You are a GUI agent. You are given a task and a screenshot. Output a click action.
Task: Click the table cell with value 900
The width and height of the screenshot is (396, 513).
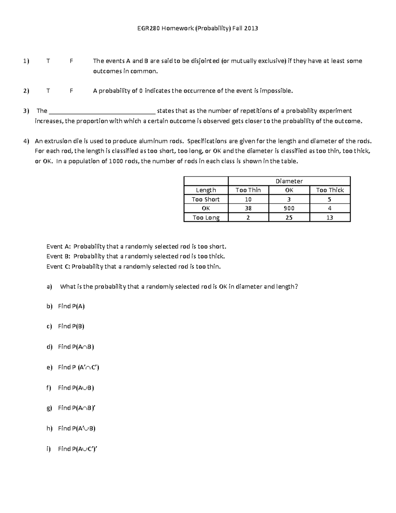[x=289, y=208]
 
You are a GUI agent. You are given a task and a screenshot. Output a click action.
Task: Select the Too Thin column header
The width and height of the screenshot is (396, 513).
[x=248, y=190]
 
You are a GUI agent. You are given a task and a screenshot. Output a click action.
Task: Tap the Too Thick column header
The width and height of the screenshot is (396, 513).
[x=330, y=190]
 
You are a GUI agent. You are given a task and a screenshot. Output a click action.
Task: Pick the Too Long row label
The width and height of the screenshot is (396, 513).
[x=206, y=217]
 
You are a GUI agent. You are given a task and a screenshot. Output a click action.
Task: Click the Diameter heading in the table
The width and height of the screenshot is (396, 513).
[x=289, y=181]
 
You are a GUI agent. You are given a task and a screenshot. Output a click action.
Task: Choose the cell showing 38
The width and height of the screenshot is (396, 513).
[x=248, y=208]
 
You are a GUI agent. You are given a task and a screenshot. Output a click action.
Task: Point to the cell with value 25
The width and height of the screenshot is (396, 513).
[x=289, y=217]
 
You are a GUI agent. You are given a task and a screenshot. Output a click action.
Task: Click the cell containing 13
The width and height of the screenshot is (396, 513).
[x=330, y=217]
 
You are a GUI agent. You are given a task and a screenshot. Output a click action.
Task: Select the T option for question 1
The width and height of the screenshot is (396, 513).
[x=48, y=61]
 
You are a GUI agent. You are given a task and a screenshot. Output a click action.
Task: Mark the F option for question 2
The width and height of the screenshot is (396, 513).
[x=71, y=91]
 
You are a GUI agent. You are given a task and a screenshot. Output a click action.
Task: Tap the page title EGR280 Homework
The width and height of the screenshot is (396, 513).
[x=197, y=28]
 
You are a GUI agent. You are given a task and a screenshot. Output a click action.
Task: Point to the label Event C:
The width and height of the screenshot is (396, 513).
[x=58, y=267]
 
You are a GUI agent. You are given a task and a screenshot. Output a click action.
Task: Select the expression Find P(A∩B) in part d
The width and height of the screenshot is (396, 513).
[x=76, y=347]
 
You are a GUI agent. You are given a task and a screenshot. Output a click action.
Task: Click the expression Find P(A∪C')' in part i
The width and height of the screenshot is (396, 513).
[x=78, y=449]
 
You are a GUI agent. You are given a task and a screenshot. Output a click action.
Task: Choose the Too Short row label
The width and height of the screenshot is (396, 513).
[x=206, y=199]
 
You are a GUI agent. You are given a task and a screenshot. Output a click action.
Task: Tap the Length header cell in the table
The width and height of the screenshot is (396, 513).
[x=206, y=190]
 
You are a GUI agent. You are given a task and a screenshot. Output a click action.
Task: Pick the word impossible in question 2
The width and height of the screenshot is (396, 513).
[x=276, y=91]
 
